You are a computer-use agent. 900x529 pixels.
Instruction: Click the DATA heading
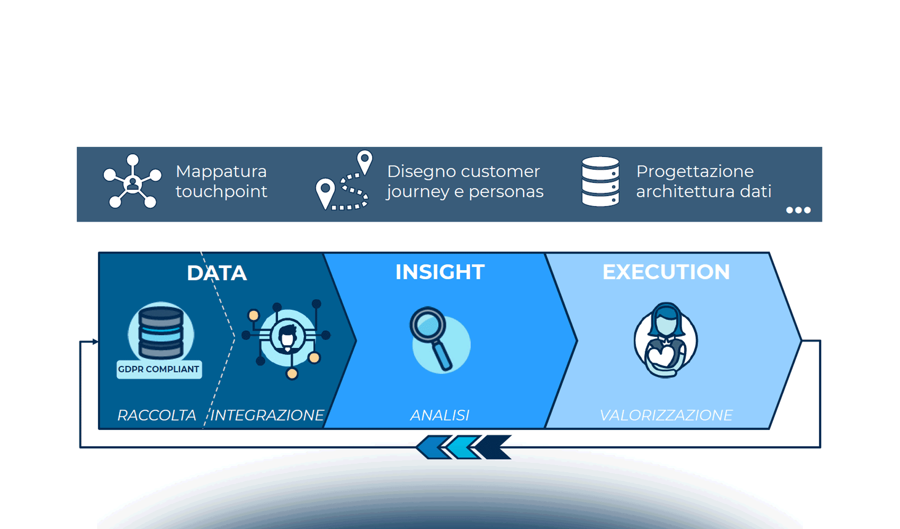[x=217, y=273]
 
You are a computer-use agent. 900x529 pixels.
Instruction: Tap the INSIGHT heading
[x=440, y=272]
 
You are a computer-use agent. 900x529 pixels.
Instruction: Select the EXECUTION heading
[x=666, y=272]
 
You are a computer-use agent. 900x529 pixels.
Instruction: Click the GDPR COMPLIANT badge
[x=159, y=369]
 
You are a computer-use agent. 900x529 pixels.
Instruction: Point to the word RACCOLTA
[x=157, y=415]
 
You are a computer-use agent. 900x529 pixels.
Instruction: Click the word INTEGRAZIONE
[x=267, y=415]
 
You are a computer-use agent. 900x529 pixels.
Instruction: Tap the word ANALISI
[x=440, y=415]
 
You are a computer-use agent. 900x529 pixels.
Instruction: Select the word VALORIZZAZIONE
[x=666, y=415]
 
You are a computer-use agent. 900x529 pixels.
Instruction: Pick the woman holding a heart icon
[x=666, y=340]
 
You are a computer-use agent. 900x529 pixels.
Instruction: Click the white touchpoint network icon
[x=132, y=181]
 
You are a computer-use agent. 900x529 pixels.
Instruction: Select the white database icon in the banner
[x=600, y=181]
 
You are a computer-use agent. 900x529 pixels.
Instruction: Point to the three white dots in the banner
[x=799, y=210]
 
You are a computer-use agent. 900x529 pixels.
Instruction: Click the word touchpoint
[x=221, y=192]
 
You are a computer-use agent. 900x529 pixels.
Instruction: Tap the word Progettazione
[x=695, y=171]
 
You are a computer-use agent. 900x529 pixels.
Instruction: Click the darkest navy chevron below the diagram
[x=494, y=447]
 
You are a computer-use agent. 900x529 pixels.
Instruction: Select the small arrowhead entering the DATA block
[x=95, y=342]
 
